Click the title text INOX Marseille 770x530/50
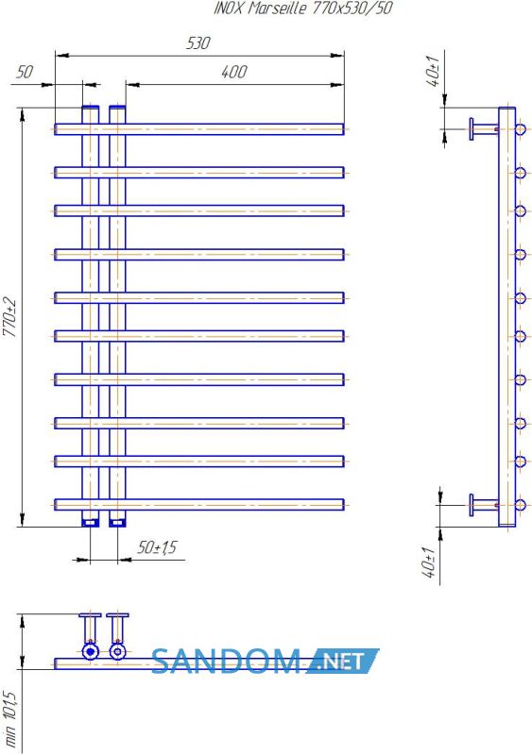click(303, 8)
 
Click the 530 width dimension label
click(197, 43)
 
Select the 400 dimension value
click(234, 73)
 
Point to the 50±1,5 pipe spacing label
click(157, 547)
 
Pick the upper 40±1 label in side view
click(433, 72)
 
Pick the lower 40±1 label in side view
click(428, 562)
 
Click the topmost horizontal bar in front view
click(198, 129)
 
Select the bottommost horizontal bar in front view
click(198, 505)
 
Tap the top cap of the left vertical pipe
click(90, 108)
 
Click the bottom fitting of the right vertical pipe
click(117, 522)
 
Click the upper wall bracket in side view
click(483, 129)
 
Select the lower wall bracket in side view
click(483, 505)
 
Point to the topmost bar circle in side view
click(520, 129)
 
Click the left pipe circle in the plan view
click(90, 652)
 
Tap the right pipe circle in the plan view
click(118, 652)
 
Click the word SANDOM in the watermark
click(226, 662)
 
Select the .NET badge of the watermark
click(341, 662)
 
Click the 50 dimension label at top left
click(25, 73)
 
